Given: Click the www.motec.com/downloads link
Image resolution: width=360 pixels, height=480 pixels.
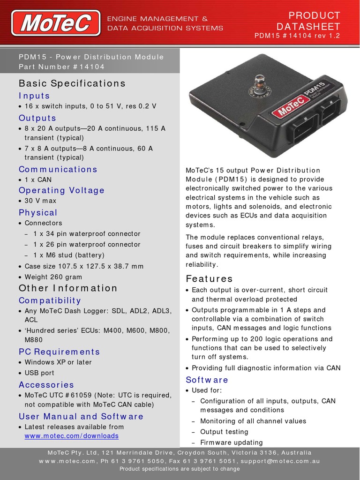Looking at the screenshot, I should pos(71,436).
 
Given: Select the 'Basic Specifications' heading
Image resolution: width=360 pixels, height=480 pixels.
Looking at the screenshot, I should pos(72,83).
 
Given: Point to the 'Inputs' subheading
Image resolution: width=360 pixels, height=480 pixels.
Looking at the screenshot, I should pos(34,96).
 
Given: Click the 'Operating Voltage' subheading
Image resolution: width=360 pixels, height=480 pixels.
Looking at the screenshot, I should pos(61,190).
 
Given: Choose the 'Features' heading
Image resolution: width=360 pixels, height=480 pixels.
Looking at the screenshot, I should pos(209,279).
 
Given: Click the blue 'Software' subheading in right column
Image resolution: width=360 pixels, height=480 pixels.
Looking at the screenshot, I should pos(207,380).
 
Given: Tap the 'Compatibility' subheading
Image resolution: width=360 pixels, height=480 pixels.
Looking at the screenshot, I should pos(50,300).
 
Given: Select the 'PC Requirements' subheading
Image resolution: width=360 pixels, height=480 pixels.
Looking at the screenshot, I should pos(59,352).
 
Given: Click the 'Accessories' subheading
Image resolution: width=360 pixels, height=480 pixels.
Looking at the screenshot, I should pos(46,385).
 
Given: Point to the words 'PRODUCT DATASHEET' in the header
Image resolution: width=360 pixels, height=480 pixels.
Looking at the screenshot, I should pos(308,21).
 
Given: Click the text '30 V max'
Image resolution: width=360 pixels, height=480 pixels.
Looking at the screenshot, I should pos(40,201).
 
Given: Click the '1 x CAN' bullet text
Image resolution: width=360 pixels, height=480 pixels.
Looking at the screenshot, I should pos(38,180).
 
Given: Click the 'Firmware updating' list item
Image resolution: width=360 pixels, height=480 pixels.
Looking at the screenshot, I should pos(231,442).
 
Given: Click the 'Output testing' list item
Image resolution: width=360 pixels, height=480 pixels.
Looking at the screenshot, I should pos(224,432).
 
